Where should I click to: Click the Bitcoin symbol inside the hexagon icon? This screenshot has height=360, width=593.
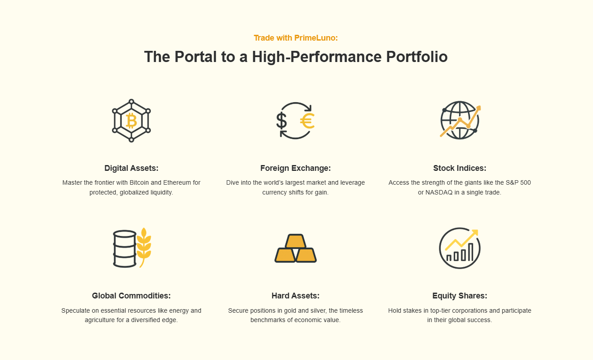(x=131, y=121)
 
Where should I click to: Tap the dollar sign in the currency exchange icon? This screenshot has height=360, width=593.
(x=282, y=121)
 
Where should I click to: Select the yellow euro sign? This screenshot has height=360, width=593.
(x=307, y=121)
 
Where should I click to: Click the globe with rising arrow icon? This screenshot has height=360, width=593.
(x=460, y=120)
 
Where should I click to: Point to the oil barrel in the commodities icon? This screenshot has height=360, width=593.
(x=124, y=249)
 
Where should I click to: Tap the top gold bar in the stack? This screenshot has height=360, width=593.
(x=295, y=241)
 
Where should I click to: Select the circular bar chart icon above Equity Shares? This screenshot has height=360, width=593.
(x=460, y=248)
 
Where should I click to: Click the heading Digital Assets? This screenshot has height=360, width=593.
(x=131, y=168)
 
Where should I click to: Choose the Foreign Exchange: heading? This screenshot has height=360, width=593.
(x=295, y=168)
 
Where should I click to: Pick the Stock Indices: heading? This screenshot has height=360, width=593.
(x=460, y=168)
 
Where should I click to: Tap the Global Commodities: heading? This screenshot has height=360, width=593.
(x=131, y=296)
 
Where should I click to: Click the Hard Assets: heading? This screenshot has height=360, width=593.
(x=295, y=296)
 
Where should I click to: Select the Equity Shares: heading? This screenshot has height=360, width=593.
(x=460, y=296)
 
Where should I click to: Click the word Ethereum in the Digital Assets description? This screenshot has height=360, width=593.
(x=177, y=182)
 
